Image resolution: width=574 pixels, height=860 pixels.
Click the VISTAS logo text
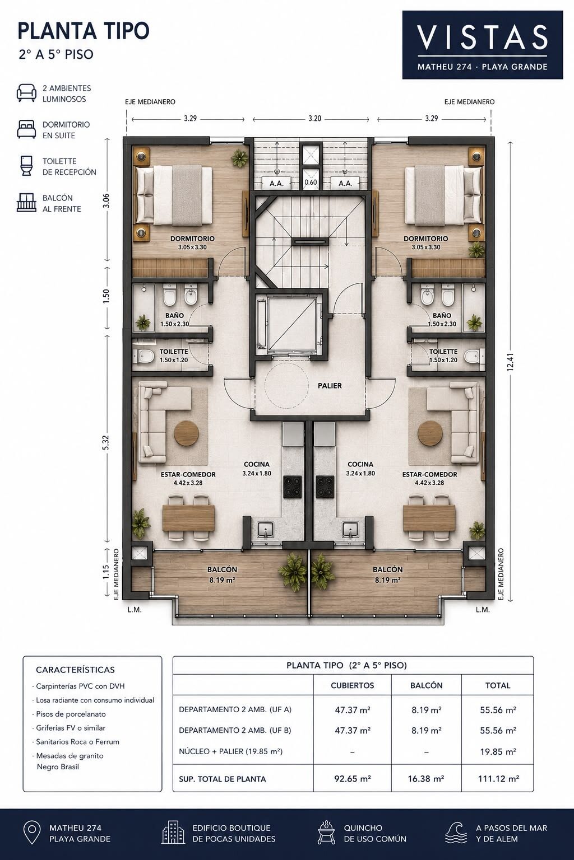pos(483,38)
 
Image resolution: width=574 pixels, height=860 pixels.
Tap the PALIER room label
pos(330,386)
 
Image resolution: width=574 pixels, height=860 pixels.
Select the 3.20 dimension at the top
pos(314,119)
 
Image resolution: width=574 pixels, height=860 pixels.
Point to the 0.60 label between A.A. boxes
pos(311,183)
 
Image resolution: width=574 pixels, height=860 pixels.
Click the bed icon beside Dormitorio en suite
pos(26,129)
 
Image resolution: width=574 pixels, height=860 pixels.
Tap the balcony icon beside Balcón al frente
pos(26,203)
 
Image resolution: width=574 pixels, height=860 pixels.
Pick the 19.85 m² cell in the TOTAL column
pos(498,751)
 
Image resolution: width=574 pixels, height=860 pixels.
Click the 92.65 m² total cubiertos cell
pos(353,779)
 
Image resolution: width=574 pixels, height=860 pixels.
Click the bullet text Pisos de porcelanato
pos(71,714)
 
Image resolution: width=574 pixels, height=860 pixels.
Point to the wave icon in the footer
pos(456,833)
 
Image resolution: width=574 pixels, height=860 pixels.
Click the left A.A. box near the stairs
pos(276,183)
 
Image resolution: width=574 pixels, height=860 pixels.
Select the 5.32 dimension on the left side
pos(106,443)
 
